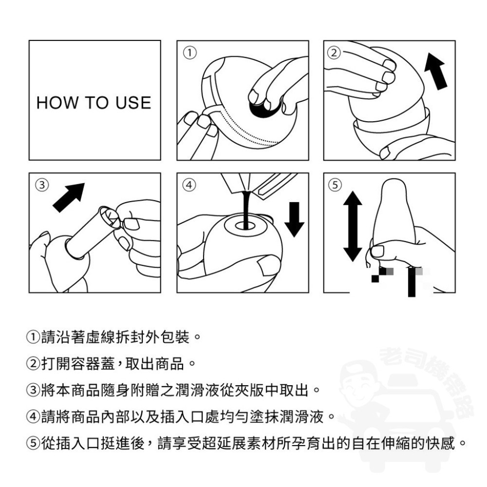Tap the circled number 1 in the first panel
(189, 52)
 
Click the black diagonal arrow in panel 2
(436, 71)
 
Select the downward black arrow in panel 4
(294, 219)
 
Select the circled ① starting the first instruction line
(32, 337)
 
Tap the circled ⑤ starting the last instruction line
(32, 444)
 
